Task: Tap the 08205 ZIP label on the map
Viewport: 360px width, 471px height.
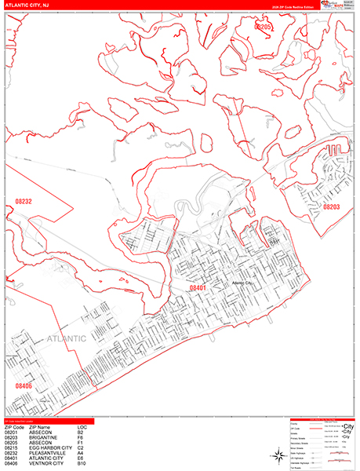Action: [263, 27]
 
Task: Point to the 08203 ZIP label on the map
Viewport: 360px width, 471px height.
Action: [332, 206]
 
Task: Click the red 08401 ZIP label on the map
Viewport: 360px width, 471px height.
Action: [197, 289]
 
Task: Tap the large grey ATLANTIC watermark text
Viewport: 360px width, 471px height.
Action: [66, 339]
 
